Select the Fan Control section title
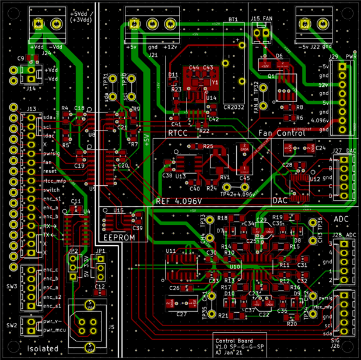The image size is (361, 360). point(282,133)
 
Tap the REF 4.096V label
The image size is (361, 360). point(179,201)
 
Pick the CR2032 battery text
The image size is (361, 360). point(234,107)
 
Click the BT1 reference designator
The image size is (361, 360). point(233,20)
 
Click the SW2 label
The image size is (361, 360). point(12,325)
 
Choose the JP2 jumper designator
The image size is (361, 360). point(72,251)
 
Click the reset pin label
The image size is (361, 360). point(49,172)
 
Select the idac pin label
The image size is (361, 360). point(49,135)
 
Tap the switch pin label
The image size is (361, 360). point(51,190)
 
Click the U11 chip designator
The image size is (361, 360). point(171,251)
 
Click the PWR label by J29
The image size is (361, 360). point(351,56)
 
